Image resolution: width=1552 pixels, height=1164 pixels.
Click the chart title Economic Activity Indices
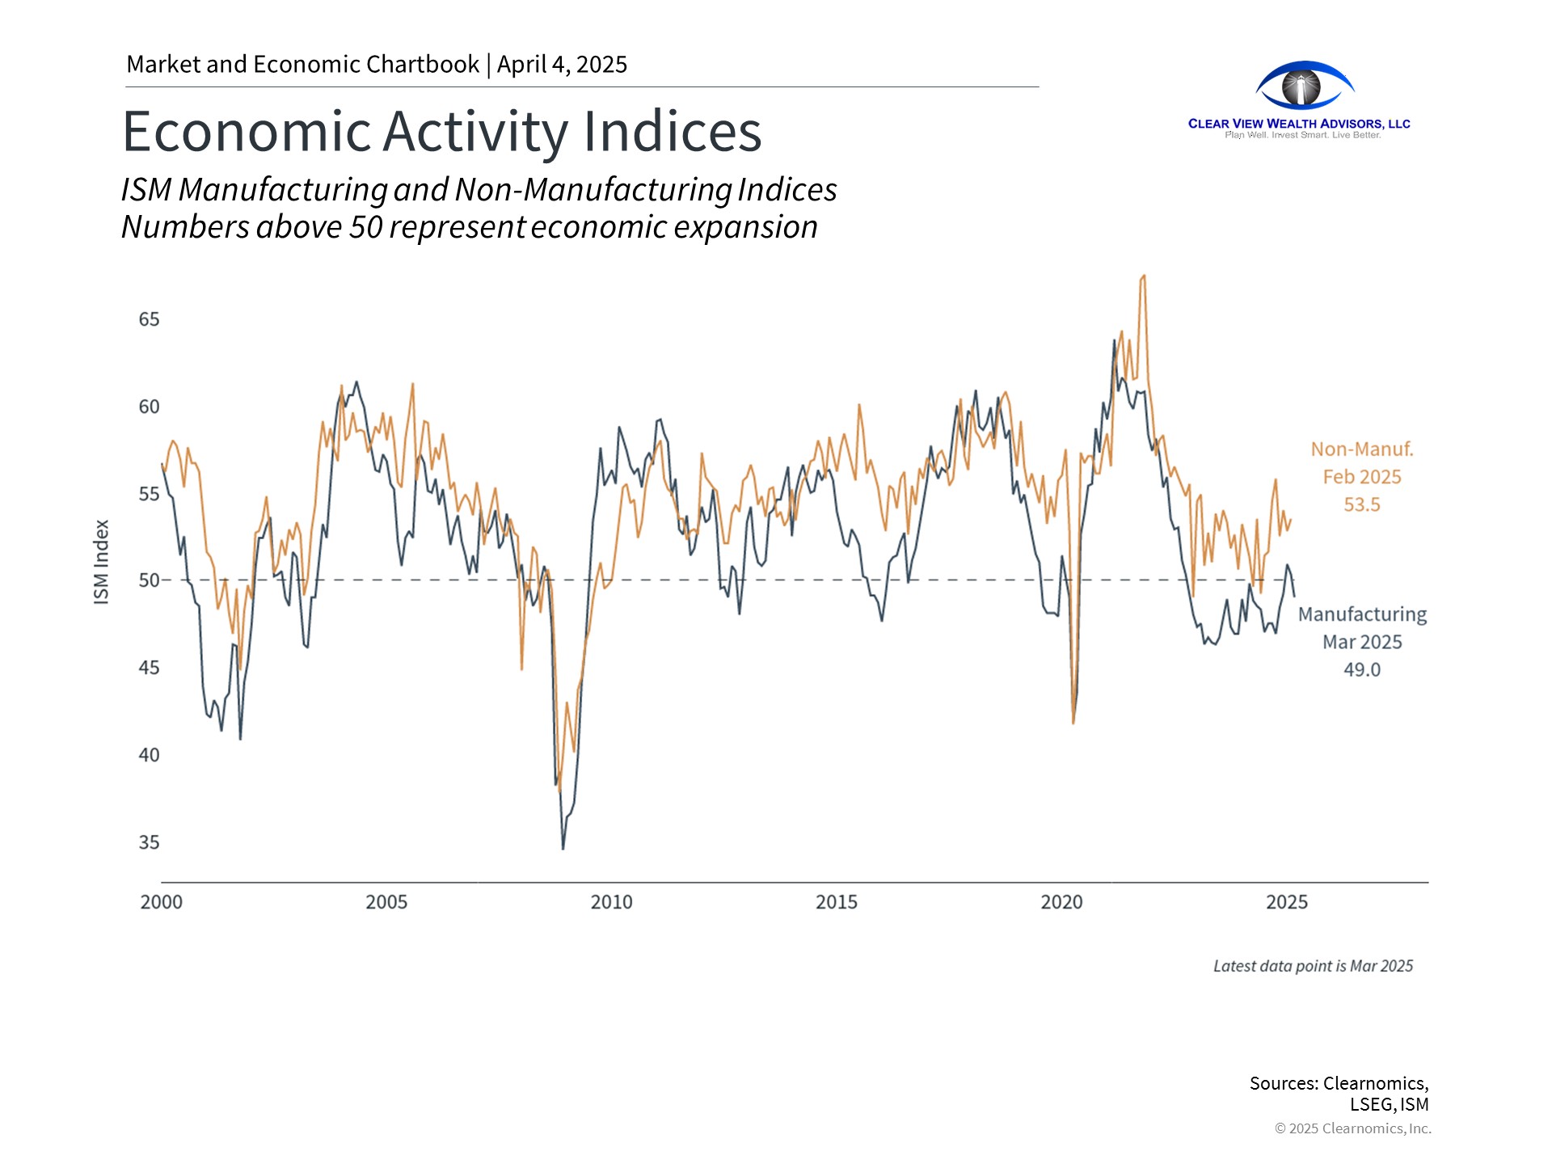point(441,131)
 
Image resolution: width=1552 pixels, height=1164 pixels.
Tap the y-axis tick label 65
point(149,319)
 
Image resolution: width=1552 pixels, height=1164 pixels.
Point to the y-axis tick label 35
point(149,842)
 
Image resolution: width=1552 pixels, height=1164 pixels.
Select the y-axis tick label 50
point(149,580)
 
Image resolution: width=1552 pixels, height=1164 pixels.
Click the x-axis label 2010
point(611,902)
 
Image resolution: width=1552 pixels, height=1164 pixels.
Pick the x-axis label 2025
point(1286,902)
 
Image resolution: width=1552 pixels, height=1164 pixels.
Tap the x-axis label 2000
point(162,902)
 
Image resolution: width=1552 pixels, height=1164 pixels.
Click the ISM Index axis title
point(101,562)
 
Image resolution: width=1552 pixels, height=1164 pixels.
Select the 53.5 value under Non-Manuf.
point(1361,505)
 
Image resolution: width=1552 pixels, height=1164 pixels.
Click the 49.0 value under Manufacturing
point(1361,670)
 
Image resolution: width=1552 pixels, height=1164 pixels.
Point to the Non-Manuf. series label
point(1361,449)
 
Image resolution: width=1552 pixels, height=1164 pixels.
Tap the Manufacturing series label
point(1362,614)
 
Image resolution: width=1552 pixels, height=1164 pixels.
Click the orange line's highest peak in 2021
point(1143,276)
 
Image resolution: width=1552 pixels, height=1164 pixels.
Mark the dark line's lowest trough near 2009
point(563,848)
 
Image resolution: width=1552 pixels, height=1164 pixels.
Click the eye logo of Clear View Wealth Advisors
point(1303,86)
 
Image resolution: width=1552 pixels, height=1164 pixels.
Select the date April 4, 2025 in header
point(562,65)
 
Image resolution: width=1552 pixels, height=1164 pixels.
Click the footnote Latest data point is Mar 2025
point(1313,966)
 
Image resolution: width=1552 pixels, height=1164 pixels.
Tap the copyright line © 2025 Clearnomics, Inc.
point(1352,1128)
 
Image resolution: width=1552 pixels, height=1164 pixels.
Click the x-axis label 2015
point(836,902)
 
